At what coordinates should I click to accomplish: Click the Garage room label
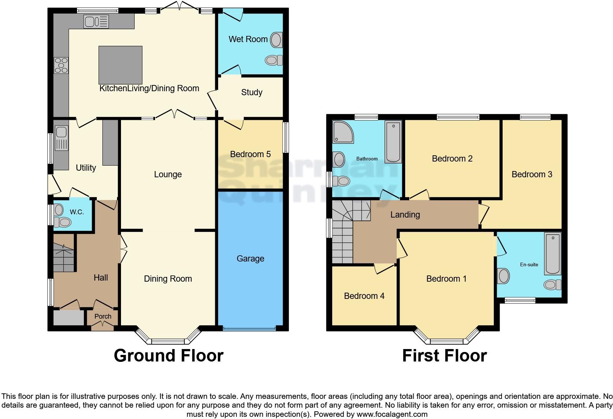[x=250, y=259]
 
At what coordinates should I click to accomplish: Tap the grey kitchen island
[x=120, y=65]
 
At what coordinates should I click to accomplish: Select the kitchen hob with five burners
[x=61, y=66]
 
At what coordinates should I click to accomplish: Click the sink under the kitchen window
[x=96, y=22]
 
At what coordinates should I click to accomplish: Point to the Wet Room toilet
[x=274, y=60]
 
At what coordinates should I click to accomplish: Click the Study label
[x=252, y=92]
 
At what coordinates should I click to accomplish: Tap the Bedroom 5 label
[x=250, y=154]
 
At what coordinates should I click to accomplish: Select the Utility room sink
[x=61, y=138]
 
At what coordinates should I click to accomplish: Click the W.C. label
[x=77, y=212]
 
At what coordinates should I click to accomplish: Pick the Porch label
[x=103, y=316]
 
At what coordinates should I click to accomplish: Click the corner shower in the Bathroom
[x=342, y=132]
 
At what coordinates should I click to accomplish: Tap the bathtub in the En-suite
[x=553, y=253]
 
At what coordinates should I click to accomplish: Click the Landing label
[x=405, y=215]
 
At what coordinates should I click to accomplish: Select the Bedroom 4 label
[x=364, y=296]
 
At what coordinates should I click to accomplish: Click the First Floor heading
[x=444, y=356]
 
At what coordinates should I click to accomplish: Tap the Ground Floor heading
[x=168, y=356]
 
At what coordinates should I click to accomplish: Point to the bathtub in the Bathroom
[x=393, y=142]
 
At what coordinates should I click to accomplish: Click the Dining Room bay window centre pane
[x=168, y=341]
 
